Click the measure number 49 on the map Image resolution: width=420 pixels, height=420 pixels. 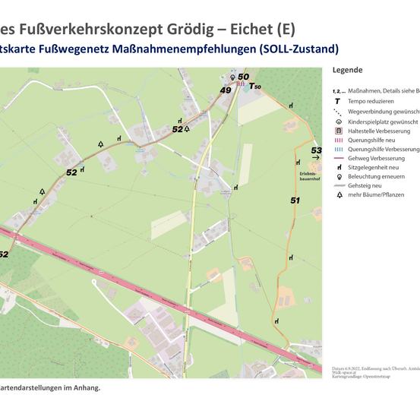coord(225,90)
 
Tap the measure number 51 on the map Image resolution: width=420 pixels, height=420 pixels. coord(295,201)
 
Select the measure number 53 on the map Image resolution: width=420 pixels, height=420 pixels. coord(316,150)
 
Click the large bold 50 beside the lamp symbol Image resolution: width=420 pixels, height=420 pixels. coord(243,77)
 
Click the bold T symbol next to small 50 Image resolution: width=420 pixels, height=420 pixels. coord(252,87)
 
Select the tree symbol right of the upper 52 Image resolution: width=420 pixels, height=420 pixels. coord(187,129)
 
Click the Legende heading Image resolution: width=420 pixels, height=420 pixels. coord(347,70)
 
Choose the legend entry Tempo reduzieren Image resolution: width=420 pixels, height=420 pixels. coord(371,101)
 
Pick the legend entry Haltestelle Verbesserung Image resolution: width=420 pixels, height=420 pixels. coord(377,131)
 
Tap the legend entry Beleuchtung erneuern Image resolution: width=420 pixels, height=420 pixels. coord(376,176)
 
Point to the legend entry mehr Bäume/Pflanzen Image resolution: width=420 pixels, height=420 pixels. coord(377,195)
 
